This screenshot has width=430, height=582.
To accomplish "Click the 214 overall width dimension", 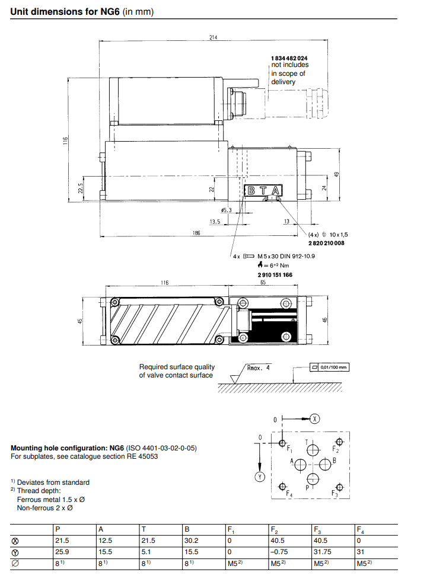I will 213,37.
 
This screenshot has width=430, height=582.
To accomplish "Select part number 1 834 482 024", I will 289,57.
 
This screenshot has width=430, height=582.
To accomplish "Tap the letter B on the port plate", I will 251,190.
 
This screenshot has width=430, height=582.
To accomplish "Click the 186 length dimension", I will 196,234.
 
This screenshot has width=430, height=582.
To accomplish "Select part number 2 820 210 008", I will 326,244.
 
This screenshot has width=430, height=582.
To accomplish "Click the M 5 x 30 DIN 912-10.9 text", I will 286,256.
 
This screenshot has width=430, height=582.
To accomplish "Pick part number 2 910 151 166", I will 274,275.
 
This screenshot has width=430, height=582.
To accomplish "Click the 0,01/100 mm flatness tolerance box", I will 329,367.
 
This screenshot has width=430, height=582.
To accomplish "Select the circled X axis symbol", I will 315,419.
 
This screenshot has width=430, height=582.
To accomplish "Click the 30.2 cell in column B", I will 191,541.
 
